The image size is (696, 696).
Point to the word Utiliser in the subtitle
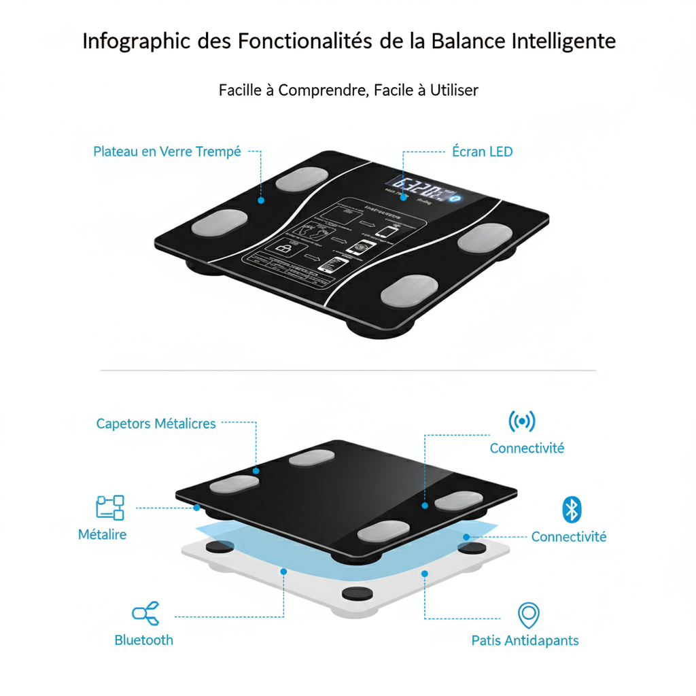coord(453,90)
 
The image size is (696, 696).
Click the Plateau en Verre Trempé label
coord(167,152)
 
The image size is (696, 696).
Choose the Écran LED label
coord(482,152)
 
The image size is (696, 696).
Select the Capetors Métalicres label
coord(156,423)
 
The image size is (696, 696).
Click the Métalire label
coord(103,534)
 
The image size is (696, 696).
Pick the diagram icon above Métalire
coord(110,507)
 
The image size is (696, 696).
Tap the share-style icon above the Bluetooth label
coord(146,613)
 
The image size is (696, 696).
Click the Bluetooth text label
coord(143,640)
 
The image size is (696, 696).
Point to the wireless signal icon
coord(522,421)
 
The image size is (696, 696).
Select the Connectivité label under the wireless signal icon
coord(527,449)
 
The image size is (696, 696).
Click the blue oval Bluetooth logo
coord(572,509)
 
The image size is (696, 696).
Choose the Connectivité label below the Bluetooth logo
coord(568,537)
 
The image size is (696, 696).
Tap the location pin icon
coord(528,614)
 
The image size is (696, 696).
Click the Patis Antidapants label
coord(525,640)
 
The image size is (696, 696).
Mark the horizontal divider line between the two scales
coord(348,370)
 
